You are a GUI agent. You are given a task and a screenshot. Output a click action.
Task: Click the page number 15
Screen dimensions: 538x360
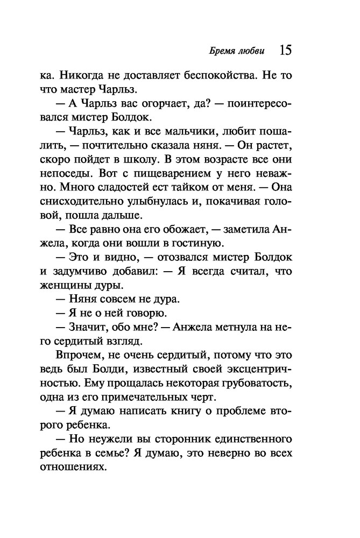point(285,51)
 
